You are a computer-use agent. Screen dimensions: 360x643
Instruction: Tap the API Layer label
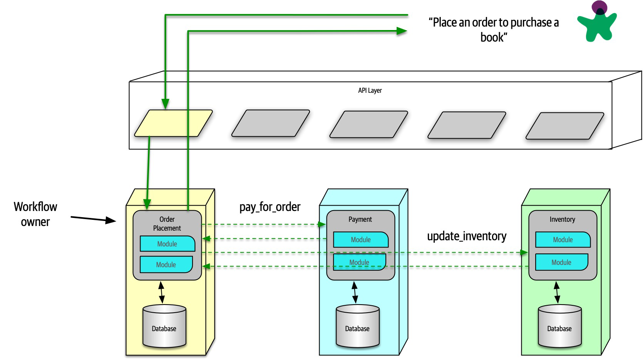pyautogui.click(x=370, y=90)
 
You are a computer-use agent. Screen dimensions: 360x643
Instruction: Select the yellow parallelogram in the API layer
pyautogui.click(x=173, y=123)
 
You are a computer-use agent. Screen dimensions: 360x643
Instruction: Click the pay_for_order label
pyautogui.click(x=270, y=207)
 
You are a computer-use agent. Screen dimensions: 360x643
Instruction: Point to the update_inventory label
pyautogui.click(x=467, y=236)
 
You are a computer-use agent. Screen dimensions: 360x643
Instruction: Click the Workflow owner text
pyautogui.click(x=35, y=214)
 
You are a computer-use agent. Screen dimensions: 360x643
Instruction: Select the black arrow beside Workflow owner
pyautogui.click(x=93, y=219)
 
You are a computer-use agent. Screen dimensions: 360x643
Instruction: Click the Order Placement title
pyautogui.click(x=167, y=224)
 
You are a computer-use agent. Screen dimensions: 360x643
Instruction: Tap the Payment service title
pyautogui.click(x=360, y=219)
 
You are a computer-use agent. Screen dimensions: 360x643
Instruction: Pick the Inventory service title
pyautogui.click(x=562, y=219)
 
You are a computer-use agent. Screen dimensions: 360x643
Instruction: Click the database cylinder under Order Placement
pyautogui.click(x=164, y=326)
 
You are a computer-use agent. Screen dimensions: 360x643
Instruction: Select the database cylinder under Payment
pyautogui.click(x=357, y=326)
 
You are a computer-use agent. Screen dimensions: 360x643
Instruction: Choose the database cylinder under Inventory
pyautogui.click(x=559, y=326)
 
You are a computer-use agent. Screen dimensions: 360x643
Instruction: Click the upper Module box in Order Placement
pyautogui.click(x=167, y=244)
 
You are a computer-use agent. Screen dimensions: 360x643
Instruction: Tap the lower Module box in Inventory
pyautogui.click(x=561, y=262)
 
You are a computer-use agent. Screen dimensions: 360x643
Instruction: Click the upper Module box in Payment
pyautogui.click(x=361, y=239)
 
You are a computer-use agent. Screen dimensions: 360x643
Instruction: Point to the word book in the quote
pyautogui.click(x=492, y=37)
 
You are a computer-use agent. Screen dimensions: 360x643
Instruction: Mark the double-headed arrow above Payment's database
pyautogui.click(x=355, y=293)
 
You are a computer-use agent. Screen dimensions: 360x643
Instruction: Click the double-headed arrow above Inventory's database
pyautogui.click(x=557, y=293)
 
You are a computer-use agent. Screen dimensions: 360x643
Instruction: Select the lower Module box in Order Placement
pyautogui.click(x=166, y=265)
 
